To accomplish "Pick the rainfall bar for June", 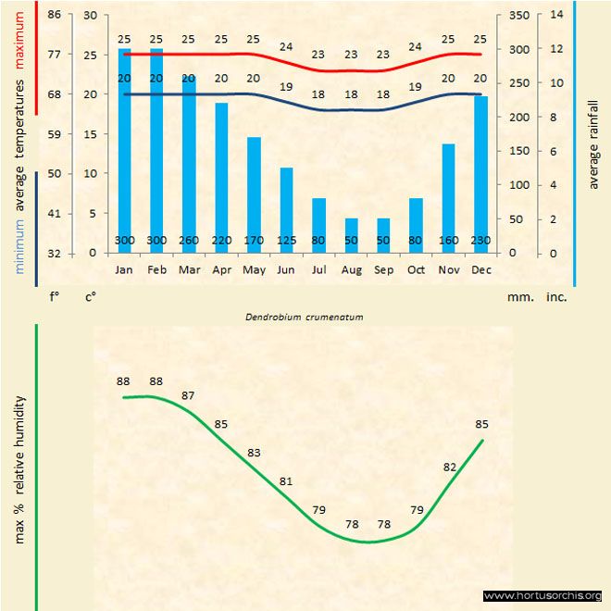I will pos(286,208).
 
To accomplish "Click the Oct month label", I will pos(416,270).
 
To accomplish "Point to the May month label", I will pos(254,270).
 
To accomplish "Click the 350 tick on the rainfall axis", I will pos(517,15).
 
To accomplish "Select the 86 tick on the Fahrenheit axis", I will pos(55,15).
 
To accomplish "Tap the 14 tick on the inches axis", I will pos(555,15).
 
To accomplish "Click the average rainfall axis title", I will pos(593,143).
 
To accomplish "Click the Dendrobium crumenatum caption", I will pos(304,317).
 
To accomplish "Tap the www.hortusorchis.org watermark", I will pos(542,595).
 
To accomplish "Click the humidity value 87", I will pos(189,395).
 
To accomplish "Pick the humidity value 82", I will pos(450,467).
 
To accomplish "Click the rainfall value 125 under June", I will pos(286,241).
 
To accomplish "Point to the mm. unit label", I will pos(517,298).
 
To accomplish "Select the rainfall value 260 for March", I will pos(189,241).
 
